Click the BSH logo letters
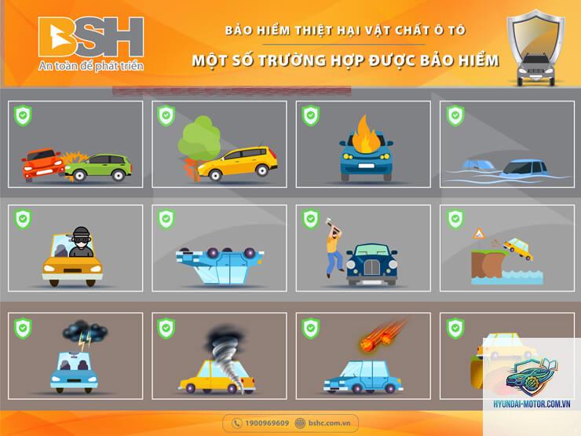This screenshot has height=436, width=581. tap(91, 37)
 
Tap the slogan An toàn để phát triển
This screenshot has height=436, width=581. tap(91, 66)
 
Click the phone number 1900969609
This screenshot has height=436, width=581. tap(267, 423)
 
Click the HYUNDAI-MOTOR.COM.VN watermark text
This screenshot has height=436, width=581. tap(532, 404)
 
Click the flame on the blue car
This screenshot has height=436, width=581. tap(364, 134)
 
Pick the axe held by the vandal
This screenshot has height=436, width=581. tap(330, 226)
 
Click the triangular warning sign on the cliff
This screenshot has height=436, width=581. tap(478, 233)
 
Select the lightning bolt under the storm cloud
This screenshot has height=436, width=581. tap(85, 341)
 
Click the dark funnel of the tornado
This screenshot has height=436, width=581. tap(226, 356)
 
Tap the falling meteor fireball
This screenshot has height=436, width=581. tap(382, 336)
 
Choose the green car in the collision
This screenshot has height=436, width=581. tap(99, 167)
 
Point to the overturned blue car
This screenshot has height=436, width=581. tap(220, 266)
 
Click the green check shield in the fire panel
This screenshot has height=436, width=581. tap(310, 115)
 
